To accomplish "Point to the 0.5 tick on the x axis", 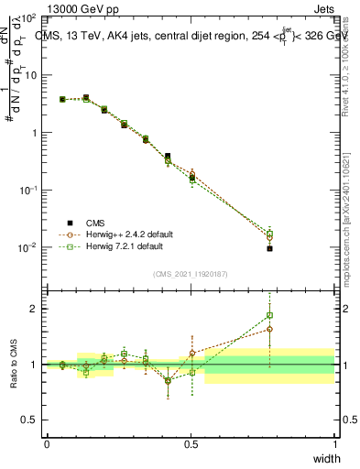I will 191,444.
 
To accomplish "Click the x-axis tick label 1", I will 334,444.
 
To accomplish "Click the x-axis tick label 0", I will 47,444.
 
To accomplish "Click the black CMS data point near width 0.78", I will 269,248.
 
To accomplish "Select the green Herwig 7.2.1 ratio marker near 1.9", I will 269,315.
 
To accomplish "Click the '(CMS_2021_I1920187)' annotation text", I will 190,274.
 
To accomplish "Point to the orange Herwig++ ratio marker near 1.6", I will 269,329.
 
